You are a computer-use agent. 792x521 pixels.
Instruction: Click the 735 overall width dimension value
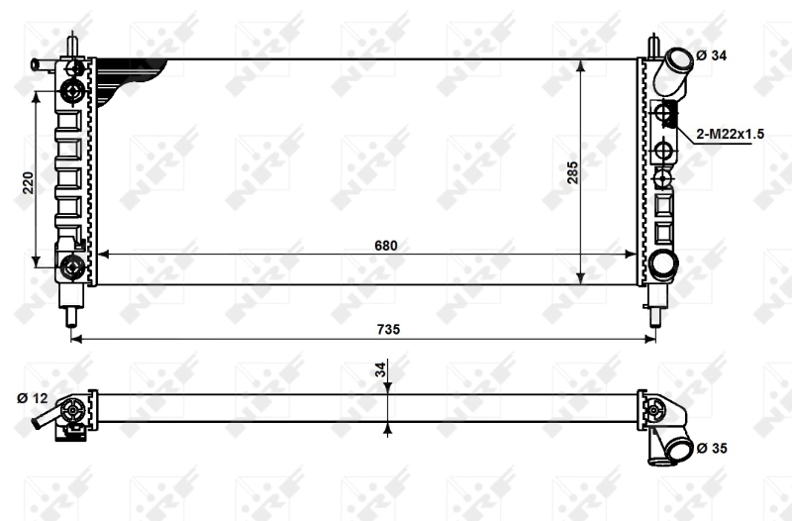(x=388, y=330)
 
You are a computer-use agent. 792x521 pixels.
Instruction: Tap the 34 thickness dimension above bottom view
(x=380, y=370)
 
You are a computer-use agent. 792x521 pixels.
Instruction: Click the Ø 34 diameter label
(x=712, y=55)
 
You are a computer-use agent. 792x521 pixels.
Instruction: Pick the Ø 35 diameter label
(x=712, y=449)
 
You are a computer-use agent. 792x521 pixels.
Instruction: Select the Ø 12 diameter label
(x=33, y=398)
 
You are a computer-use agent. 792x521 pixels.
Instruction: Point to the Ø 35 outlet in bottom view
(x=676, y=451)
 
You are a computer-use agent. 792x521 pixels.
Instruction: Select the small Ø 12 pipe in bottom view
(x=45, y=421)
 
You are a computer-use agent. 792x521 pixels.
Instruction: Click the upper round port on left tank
(x=72, y=92)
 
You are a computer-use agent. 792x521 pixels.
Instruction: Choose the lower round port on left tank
(x=72, y=265)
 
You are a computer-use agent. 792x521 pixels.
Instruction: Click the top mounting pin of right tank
(x=653, y=47)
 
